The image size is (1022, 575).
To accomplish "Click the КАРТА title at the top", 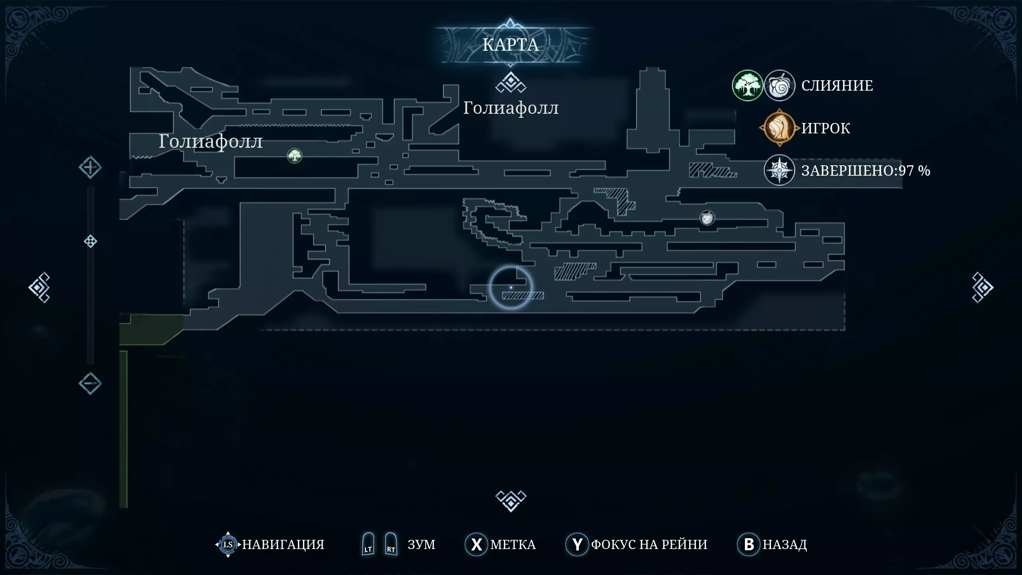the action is pos(511,45).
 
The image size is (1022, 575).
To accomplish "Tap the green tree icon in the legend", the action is pos(747,85).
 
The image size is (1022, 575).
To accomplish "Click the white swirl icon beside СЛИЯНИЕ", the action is pos(779,85).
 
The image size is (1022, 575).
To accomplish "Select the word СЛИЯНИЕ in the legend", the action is pos(837,85).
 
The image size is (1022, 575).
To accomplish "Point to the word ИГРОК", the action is pos(826,128).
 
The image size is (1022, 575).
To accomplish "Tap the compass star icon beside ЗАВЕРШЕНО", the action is pos(779,170).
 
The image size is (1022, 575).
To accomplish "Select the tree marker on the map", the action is pos(295,155).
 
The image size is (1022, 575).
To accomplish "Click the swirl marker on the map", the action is pos(707,218).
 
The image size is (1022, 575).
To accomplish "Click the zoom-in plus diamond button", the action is pos(90,167).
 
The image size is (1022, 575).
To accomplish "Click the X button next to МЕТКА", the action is pos(476,544).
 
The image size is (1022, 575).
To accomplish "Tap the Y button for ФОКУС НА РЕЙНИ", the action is pos(577,544).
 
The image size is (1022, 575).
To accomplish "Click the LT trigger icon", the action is pos(368,544).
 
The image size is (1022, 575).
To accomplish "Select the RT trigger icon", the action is pos(391,544).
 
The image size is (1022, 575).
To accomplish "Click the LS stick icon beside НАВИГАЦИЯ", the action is pos(228,544).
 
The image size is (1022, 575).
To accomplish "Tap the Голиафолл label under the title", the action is pos(511,108).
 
